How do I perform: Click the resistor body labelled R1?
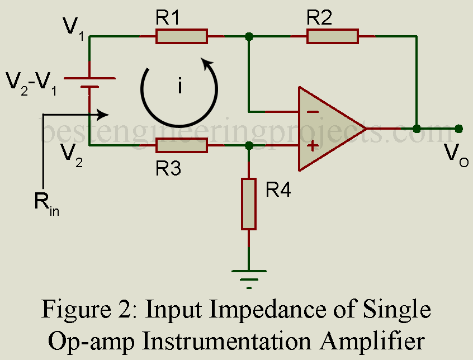(x=181, y=37)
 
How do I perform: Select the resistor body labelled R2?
(x=332, y=37)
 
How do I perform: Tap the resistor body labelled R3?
(x=181, y=146)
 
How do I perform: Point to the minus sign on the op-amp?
(x=313, y=112)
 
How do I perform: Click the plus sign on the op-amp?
(x=313, y=146)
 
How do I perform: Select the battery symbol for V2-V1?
(x=90, y=83)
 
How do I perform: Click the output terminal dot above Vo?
(x=458, y=129)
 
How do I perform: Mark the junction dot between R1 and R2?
(x=249, y=37)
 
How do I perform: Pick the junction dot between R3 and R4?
(x=249, y=146)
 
